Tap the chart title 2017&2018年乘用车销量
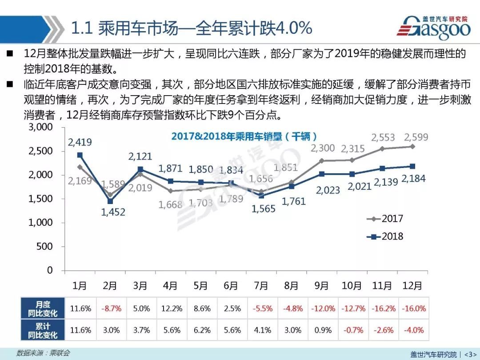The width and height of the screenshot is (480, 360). [x=244, y=136]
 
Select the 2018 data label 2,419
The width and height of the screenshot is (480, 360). [x=80, y=142]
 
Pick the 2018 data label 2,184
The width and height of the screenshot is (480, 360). [x=413, y=179]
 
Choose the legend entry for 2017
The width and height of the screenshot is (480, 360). [x=385, y=219]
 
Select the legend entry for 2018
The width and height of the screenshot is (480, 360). [x=385, y=236]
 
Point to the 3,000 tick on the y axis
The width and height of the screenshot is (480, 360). [x=40, y=127]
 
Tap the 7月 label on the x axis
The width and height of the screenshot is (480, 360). [x=261, y=286]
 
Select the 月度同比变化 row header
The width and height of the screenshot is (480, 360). [x=43, y=308]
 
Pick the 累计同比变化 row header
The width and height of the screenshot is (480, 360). [x=43, y=330]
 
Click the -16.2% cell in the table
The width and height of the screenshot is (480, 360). [x=383, y=308]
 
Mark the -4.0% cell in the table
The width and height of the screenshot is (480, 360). [x=413, y=330]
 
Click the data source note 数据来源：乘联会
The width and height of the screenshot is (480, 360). [x=43, y=353]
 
